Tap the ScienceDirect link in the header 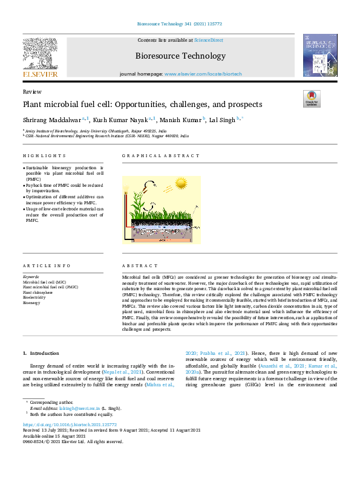[208, 40]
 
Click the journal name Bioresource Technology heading [180, 56]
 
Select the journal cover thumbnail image [320, 55]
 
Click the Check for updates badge [312, 99]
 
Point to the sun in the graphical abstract [180, 183]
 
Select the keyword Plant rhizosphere [38, 292]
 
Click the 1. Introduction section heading [41, 353]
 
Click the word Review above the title [31, 91]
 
